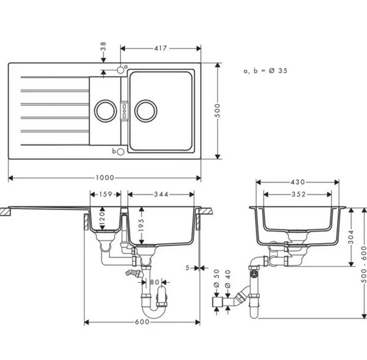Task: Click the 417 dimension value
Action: tap(160, 48)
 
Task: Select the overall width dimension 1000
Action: tap(105, 178)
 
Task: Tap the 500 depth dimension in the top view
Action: tap(217, 111)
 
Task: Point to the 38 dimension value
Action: tap(103, 47)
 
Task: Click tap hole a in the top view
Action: tap(120, 70)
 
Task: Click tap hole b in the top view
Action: tap(120, 152)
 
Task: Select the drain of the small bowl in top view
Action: tap(106, 111)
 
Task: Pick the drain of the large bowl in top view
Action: tap(146, 111)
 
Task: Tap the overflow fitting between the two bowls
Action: tap(124, 111)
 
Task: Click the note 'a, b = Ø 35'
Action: tap(265, 71)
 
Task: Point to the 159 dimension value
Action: tap(106, 194)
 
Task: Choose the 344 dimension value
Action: tap(161, 194)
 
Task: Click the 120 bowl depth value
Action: tap(102, 219)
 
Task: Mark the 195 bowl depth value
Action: tap(141, 225)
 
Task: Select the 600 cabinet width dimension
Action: tap(142, 322)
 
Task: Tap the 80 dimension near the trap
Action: tap(155, 282)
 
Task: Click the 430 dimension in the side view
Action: tap(298, 182)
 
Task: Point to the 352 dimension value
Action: tap(298, 194)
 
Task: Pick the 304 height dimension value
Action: tap(351, 237)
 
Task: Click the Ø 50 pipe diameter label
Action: tap(217, 278)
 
